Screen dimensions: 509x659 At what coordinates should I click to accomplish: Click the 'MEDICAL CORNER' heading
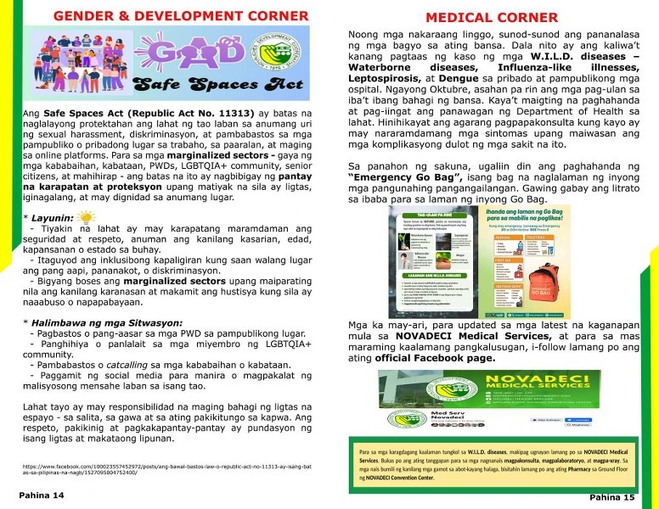(x=492, y=17)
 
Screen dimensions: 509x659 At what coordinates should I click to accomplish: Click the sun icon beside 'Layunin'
(x=89, y=217)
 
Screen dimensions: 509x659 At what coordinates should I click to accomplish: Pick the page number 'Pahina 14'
(x=42, y=495)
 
